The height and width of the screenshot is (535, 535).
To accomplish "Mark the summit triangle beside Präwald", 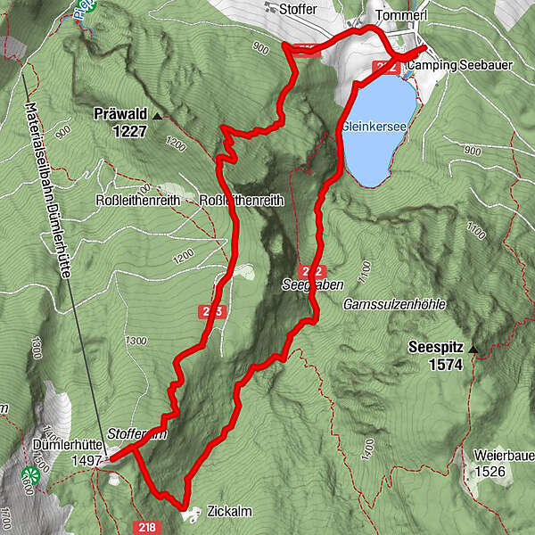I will [x=158, y=116].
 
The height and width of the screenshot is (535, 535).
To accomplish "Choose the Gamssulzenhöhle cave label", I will [x=393, y=305].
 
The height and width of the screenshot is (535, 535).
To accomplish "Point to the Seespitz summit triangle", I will [x=474, y=349].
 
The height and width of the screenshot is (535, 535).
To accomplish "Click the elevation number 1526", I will [x=490, y=471].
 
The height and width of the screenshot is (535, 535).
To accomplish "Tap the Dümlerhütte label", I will [x=65, y=444].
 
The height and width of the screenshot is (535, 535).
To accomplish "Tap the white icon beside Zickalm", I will [x=191, y=514].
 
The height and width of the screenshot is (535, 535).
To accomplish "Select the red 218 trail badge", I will [x=147, y=528].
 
